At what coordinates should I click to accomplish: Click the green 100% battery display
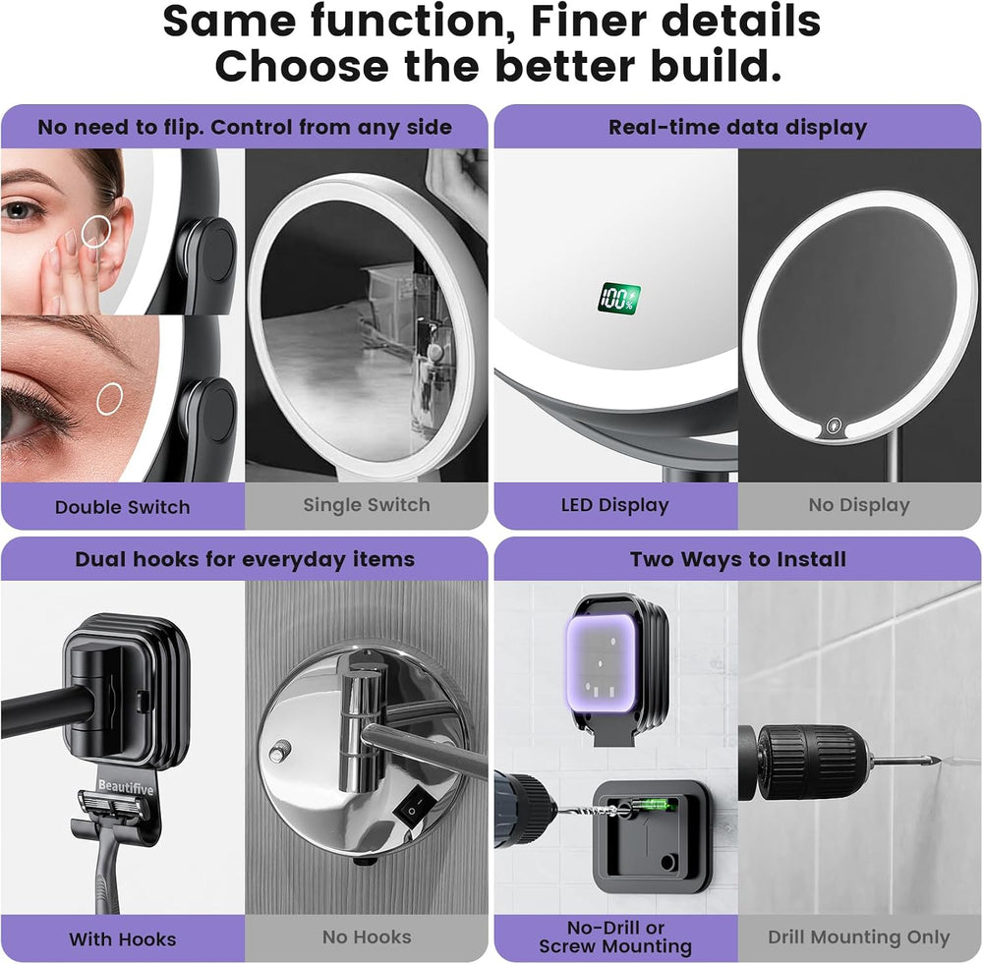[618, 299]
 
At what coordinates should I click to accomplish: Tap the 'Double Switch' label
[122, 507]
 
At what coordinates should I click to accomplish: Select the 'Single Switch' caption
[367, 504]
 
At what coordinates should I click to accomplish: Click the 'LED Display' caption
[615, 505]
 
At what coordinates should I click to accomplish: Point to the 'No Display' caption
[859, 505]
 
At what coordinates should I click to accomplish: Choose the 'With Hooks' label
[122, 938]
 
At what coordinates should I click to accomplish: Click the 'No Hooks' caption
[367, 937]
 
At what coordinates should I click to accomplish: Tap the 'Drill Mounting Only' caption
[859, 937]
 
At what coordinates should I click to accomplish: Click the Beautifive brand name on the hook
[126, 787]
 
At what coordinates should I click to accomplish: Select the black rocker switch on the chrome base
[415, 808]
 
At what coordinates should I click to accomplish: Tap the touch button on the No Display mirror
[834, 426]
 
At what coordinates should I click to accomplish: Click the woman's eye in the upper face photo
[21, 210]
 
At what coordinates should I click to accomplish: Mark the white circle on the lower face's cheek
[110, 399]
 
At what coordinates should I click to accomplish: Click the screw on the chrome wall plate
[279, 751]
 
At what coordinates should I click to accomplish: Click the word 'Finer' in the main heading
[589, 21]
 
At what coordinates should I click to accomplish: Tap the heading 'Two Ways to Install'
[738, 559]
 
